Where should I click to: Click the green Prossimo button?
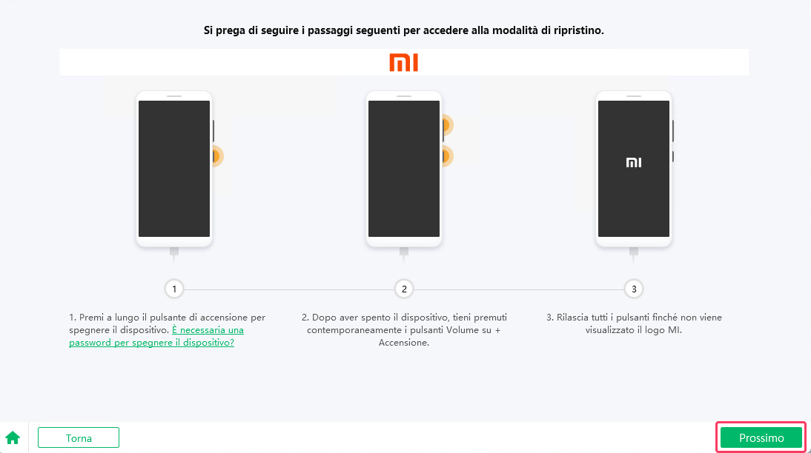click(x=761, y=437)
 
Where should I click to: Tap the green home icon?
click(x=13, y=437)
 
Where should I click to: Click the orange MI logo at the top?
click(x=404, y=62)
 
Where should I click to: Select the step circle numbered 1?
click(x=174, y=289)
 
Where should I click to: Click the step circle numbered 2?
click(x=404, y=289)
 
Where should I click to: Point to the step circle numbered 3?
click(x=633, y=289)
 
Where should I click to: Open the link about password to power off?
click(x=156, y=336)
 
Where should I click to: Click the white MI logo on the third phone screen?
click(x=634, y=163)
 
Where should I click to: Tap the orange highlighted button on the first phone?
click(x=216, y=156)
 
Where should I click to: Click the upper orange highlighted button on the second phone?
click(x=446, y=126)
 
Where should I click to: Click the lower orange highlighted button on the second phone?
click(x=446, y=156)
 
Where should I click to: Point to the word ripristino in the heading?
click(x=579, y=32)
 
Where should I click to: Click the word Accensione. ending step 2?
click(x=404, y=343)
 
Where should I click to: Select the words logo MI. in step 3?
click(x=663, y=330)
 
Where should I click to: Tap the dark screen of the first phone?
click(x=174, y=168)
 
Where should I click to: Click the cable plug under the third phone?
click(x=634, y=252)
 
